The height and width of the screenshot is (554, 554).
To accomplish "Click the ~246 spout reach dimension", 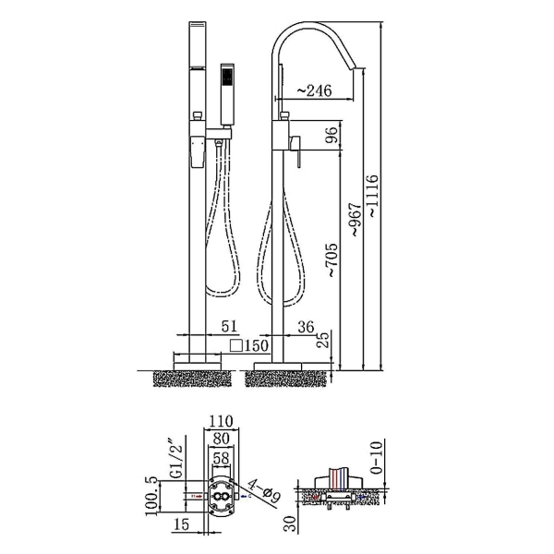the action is pyautogui.click(x=315, y=90).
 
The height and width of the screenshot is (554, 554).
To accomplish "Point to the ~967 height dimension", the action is pyautogui.click(x=356, y=219).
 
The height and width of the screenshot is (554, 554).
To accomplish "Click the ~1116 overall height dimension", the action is pyautogui.click(x=373, y=196).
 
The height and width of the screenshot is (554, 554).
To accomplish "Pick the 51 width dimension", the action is pyautogui.click(x=230, y=326).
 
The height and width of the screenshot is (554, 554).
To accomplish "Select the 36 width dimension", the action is pyautogui.click(x=306, y=327).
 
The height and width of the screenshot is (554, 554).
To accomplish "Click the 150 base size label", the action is pyautogui.click(x=257, y=345).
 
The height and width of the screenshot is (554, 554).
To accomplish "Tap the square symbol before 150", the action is pyautogui.click(x=236, y=345).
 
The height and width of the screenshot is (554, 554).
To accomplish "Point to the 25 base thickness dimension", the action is pyautogui.click(x=322, y=339).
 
